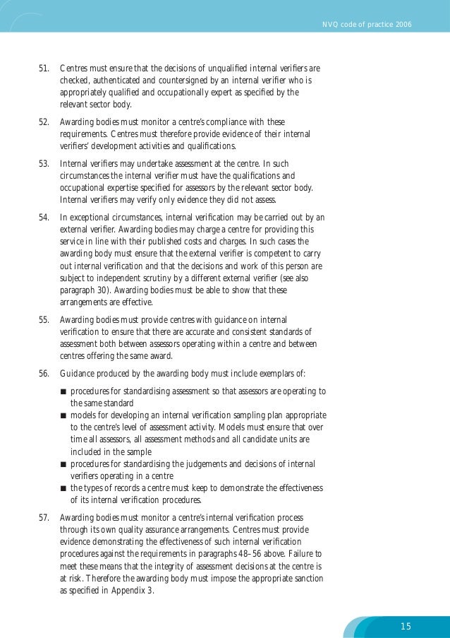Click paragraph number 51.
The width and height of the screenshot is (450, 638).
point(43,69)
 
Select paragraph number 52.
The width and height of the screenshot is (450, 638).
point(43,122)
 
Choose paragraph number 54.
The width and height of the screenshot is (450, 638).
point(43,217)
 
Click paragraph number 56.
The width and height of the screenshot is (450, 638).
point(43,372)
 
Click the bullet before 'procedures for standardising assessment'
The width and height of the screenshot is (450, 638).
point(63,391)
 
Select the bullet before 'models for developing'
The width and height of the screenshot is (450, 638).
point(63,415)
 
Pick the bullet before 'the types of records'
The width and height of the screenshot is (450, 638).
point(63,488)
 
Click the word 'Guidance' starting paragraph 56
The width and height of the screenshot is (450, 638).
point(77,372)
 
